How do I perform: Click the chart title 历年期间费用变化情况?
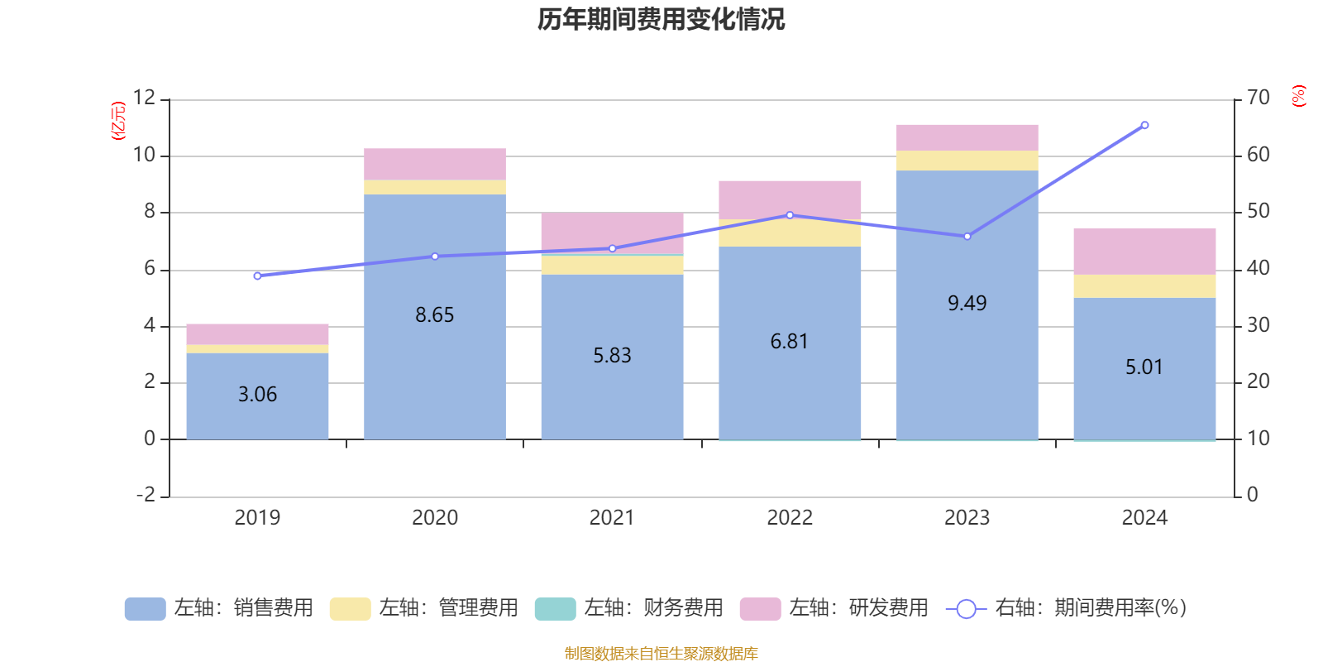(x=661, y=19)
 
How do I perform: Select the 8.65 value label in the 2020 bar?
(x=435, y=315)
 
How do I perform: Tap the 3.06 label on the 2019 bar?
(x=257, y=395)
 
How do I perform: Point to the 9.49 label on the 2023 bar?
(x=967, y=304)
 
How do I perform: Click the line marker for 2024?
(x=1144, y=126)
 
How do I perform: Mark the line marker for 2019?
(x=257, y=276)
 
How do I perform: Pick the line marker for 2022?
(x=790, y=215)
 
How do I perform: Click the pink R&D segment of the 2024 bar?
(x=1144, y=252)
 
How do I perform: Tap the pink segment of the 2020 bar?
(x=435, y=164)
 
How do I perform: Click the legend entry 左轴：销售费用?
(x=220, y=608)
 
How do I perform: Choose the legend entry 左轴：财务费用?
(x=630, y=608)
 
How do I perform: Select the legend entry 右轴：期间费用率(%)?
(x=1067, y=608)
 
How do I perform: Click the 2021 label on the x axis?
(x=612, y=518)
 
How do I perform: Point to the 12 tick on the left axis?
(x=144, y=98)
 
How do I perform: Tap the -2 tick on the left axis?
(x=146, y=495)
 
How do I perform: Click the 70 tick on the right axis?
(x=1258, y=98)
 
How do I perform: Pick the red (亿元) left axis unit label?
(x=118, y=121)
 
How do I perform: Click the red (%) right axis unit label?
(x=1298, y=96)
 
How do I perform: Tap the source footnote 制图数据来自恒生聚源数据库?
(x=661, y=654)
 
